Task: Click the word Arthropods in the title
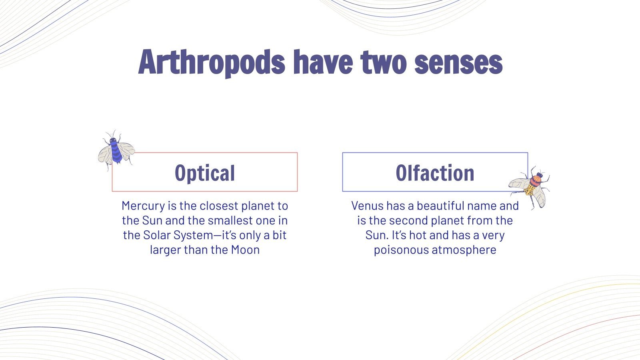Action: click(x=212, y=63)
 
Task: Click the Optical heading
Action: click(x=205, y=173)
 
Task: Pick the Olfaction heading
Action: click(x=435, y=173)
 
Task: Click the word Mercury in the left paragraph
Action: click(x=143, y=206)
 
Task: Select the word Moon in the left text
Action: click(x=245, y=250)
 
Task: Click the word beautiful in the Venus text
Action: click(x=440, y=206)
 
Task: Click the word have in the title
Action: click(x=323, y=63)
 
